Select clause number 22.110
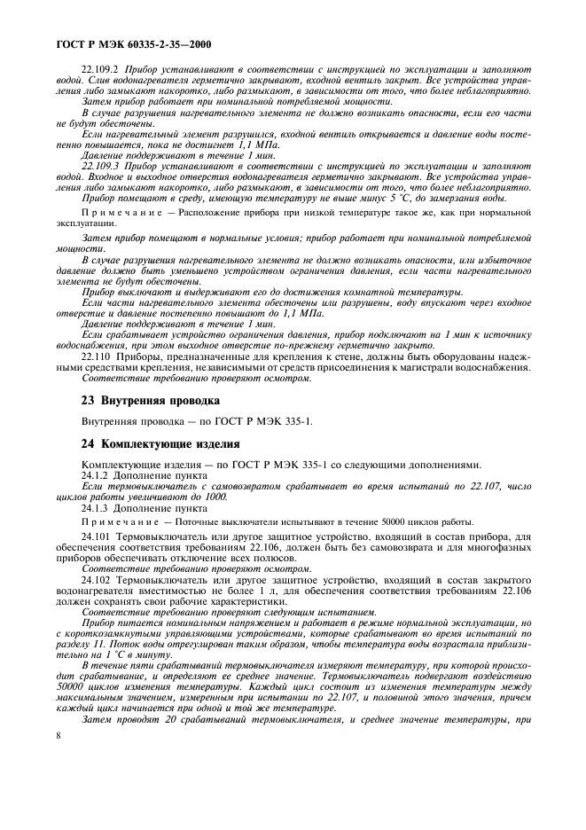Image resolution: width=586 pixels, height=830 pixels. [96, 356]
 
